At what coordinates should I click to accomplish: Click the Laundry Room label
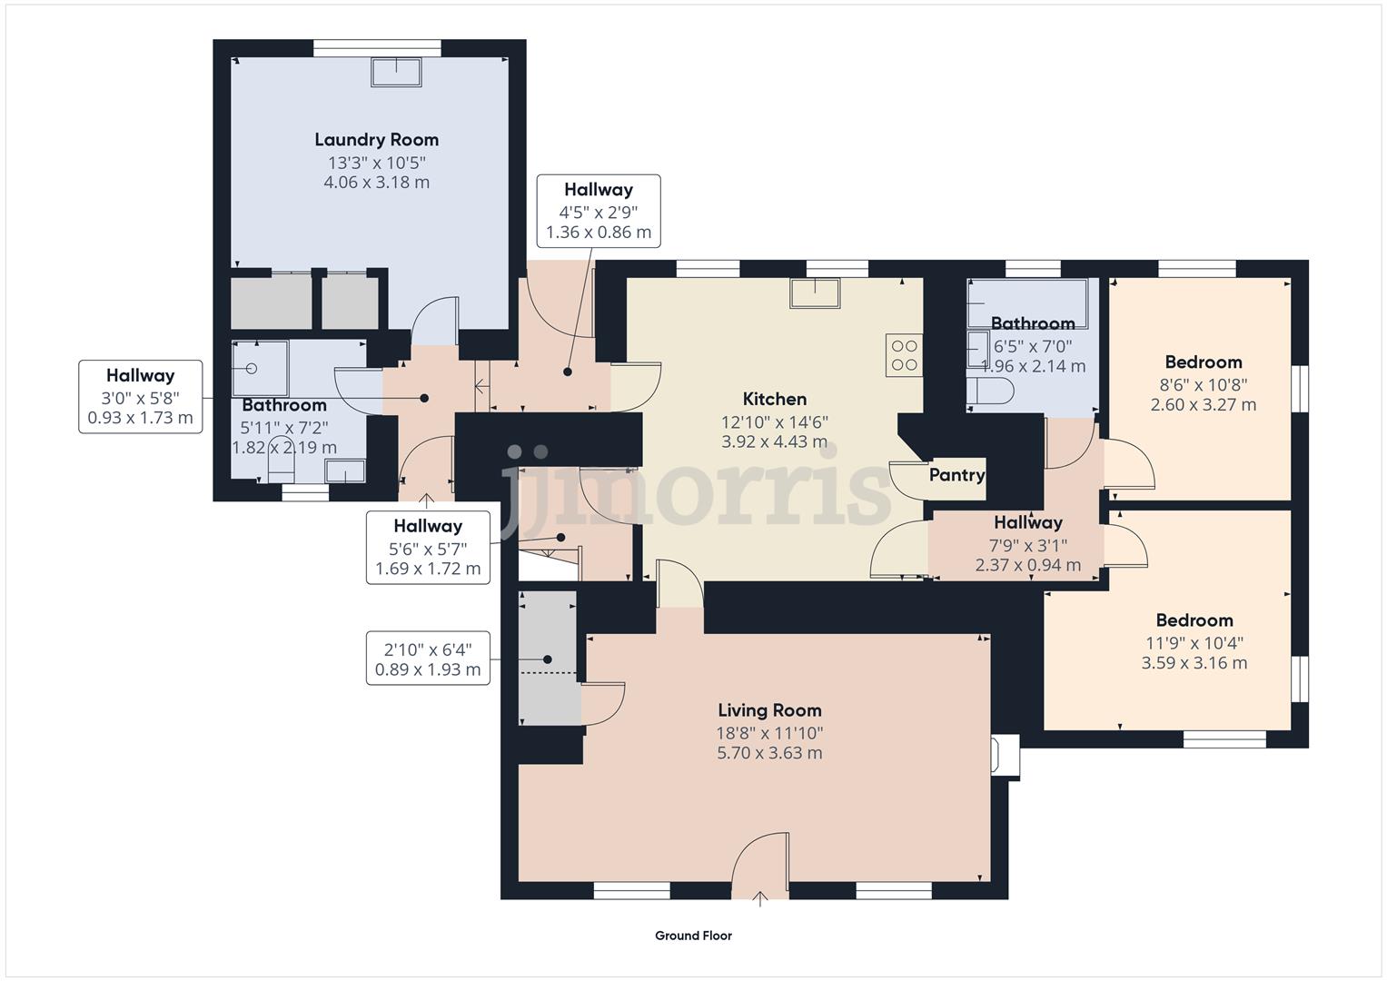coord(376,140)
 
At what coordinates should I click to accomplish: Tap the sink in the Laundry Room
coord(396,72)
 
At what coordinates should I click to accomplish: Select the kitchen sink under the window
coord(815,293)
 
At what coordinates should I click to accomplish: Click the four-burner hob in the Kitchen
coord(904,355)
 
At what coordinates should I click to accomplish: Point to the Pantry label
coord(956,475)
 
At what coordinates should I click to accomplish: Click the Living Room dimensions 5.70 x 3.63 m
coord(769,753)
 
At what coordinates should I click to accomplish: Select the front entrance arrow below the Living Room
coord(760,899)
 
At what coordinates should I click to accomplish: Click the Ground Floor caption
coord(693,936)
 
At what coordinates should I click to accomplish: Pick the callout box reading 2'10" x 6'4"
coord(428,659)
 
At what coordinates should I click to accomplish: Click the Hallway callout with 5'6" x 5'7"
coord(428,547)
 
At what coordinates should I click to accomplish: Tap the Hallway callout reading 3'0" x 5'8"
coord(140,397)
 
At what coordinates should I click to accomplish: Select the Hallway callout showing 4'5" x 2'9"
coord(598,211)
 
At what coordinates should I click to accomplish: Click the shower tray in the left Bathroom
coord(260,368)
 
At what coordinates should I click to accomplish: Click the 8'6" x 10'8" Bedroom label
coord(1203,362)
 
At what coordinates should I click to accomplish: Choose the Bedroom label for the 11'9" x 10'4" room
coord(1194,620)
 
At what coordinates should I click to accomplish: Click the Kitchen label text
coord(774,399)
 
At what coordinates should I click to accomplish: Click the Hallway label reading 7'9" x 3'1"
coord(1027,523)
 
